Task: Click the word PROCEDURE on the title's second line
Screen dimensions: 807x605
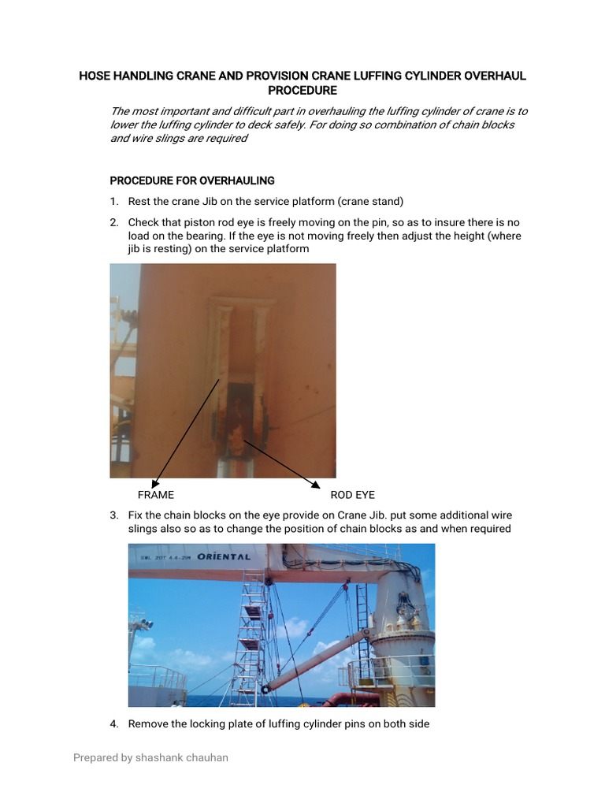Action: click(302, 91)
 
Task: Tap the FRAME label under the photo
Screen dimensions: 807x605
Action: click(156, 495)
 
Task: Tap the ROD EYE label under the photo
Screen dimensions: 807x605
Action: click(353, 495)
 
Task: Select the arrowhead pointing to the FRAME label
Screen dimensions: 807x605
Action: click(155, 482)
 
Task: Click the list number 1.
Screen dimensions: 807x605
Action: click(114, 201)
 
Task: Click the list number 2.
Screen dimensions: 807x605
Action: click(114, 223)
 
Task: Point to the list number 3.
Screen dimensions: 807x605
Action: click(114, 515)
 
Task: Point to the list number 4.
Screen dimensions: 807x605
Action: click(114, 723)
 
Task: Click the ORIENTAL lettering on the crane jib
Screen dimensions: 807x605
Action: click(225, 556)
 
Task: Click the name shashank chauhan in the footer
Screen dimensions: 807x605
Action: click(183, 757)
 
